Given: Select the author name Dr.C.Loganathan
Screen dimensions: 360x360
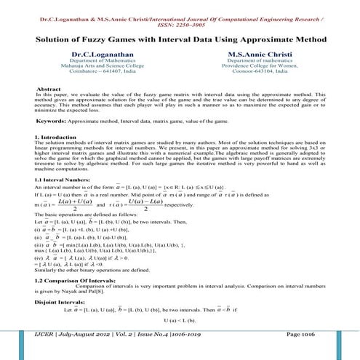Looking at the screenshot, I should pos(100,54).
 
